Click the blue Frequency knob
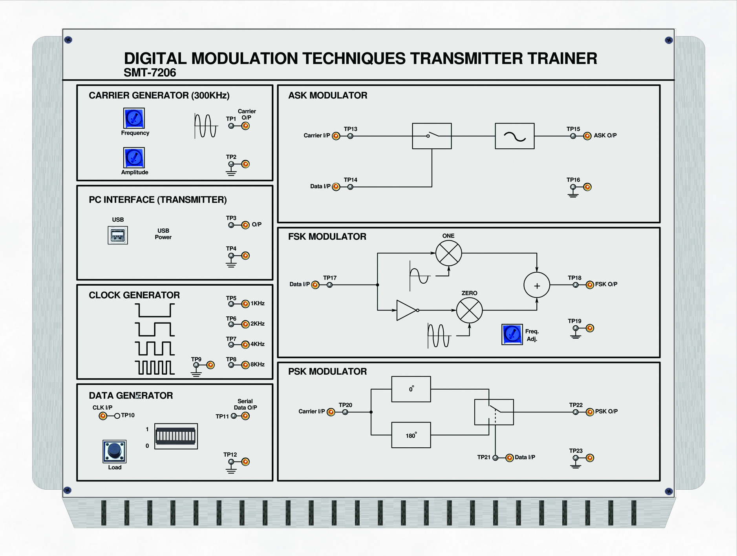[134, 118]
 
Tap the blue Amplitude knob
[134, 158]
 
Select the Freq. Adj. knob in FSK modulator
[512, 334]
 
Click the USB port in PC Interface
[118, 235]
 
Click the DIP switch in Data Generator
[176, 436]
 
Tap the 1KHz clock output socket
[245, 304]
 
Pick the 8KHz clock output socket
[245, 365]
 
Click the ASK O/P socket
[587, 136]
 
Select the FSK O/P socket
[590, 285]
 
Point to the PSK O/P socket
[590, 412]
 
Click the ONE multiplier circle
[448, 253]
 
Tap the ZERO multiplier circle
[469, 310]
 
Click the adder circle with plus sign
[537, 285]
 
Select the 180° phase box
[411, 435]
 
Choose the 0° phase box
[411, 389]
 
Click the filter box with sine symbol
[514, 136]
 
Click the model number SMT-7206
[150, 73]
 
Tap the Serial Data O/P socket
[245, 416]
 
